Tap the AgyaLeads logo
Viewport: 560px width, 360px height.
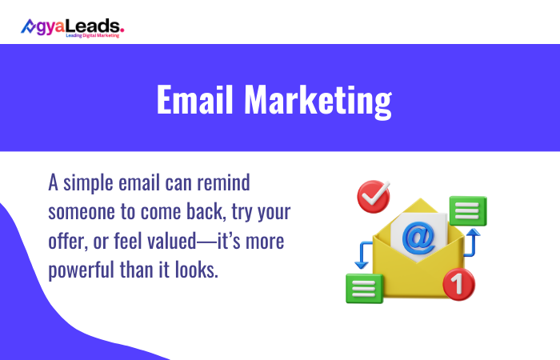(72, 27)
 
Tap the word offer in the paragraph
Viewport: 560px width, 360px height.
(69, 241)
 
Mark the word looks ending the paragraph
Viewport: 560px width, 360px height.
(195, 270)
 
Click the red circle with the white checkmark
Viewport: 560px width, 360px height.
(373, 197)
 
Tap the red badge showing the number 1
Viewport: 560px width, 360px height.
(458, 282)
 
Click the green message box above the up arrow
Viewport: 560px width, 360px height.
(468, 211)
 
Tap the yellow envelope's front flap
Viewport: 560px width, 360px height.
(416, 276)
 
